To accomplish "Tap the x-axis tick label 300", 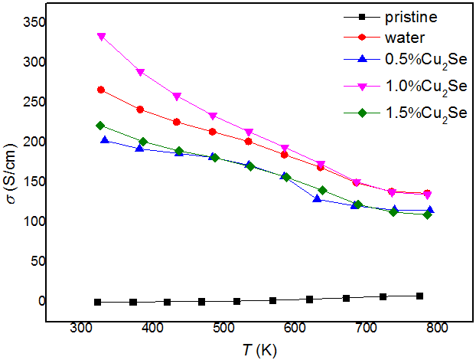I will tap(82, 327).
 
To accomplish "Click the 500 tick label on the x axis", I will tap(223, 327).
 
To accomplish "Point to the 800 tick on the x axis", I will tap(436, 327).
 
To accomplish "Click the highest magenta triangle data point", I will tap(102, 37).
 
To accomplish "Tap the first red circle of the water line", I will tap(102, 90).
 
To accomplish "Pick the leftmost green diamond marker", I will tap(100, 126).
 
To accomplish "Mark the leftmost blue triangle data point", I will tap(105, 140).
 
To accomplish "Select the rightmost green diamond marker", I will tap(427, 214).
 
